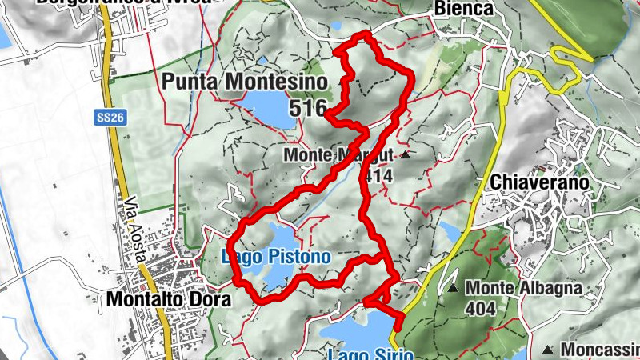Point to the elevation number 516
310,108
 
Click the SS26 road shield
119,115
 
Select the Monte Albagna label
523,287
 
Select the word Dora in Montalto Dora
210,300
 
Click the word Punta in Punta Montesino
190,82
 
